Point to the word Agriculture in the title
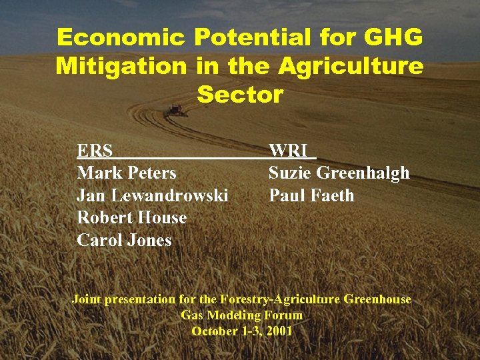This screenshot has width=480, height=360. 351,67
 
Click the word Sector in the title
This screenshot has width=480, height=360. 240,95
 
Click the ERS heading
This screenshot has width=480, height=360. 94,151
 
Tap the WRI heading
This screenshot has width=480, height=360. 287,151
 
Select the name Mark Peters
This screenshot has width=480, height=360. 127,173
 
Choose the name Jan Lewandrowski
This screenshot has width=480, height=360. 153,195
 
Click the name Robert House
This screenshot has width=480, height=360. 132,217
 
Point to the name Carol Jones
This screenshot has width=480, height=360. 125,240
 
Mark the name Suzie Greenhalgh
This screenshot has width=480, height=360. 339,173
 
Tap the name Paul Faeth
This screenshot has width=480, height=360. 311,195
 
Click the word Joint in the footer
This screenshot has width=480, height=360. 86,299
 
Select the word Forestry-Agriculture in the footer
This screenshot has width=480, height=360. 280,299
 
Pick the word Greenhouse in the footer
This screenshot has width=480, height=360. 377,299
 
